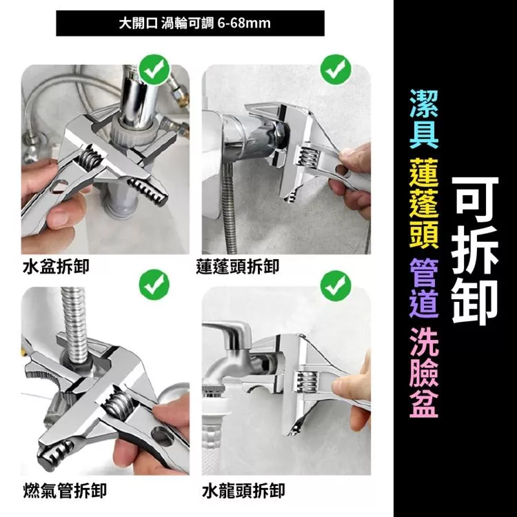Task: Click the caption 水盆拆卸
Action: tap(56, 266)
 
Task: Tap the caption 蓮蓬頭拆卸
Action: tap(237, 266)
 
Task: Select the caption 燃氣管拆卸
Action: tap(65, 490)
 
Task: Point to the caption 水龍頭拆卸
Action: tap(243, 490)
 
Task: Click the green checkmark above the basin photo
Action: tap(154, 70)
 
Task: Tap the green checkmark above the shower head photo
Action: tap(335, 70)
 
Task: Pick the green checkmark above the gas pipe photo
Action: tap(154, 285)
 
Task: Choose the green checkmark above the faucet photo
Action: tap(335, 285)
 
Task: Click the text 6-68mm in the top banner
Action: tap(244, 23)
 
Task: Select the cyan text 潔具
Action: tap(424, 119)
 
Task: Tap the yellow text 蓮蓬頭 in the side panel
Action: tap(424, 203)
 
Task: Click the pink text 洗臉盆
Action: tap(424, 373)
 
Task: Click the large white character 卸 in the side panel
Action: tap(475, 301)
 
